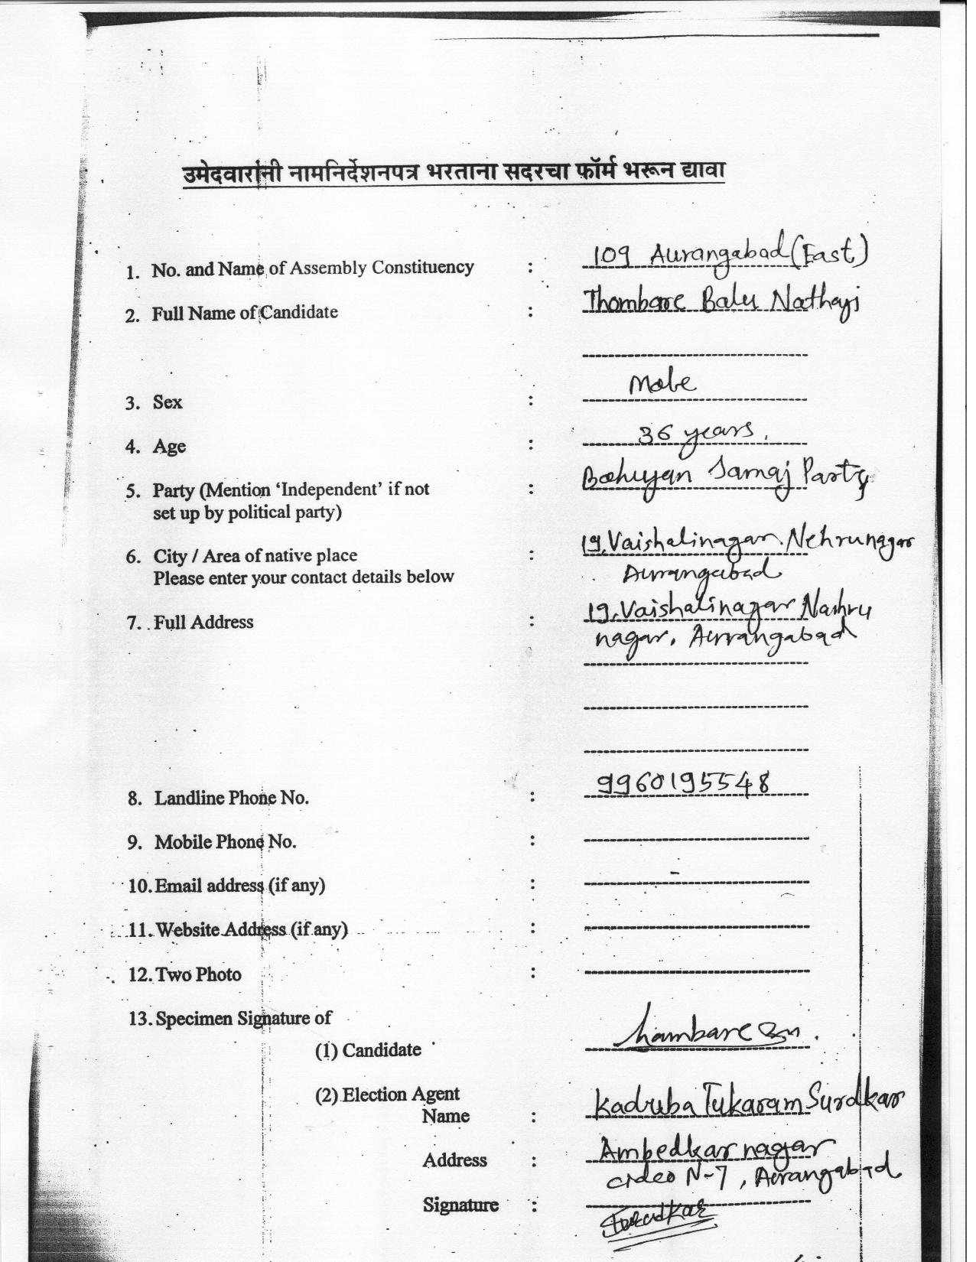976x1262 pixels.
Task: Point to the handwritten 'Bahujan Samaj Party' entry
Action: tap(725, 480)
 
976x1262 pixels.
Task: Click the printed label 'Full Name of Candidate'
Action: tap(244, 313)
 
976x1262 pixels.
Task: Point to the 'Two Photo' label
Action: tap(198, 974)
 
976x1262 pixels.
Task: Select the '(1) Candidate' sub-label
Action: tap(368, 1050)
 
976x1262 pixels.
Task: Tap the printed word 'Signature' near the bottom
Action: tap(460, 1205)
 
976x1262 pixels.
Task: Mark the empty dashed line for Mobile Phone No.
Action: tap(695, 839)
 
